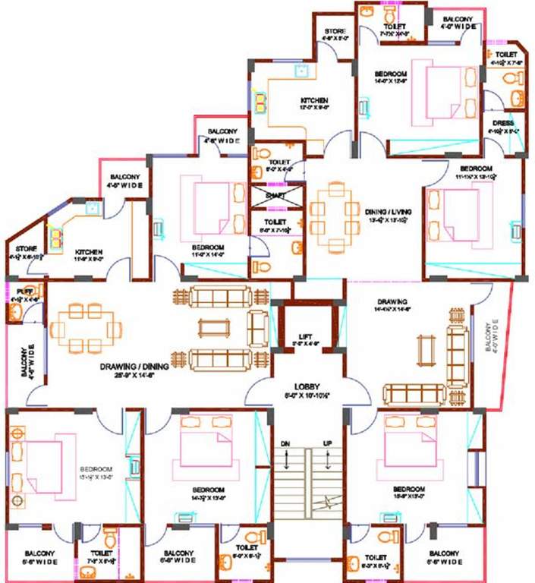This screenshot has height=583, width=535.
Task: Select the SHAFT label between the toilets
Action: (275, 195)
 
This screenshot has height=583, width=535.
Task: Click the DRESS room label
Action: (502, 123)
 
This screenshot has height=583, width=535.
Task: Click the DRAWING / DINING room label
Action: (130, 367)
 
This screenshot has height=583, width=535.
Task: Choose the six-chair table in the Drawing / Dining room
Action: (86, 329)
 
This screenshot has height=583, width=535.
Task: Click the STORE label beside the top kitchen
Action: (335, 31)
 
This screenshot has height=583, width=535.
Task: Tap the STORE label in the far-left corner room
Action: (22, 248)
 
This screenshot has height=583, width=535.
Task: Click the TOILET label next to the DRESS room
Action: (506, 55)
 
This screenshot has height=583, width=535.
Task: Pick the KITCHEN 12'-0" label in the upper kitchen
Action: (314, 100)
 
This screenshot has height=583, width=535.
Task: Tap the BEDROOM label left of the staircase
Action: (207, 489)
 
